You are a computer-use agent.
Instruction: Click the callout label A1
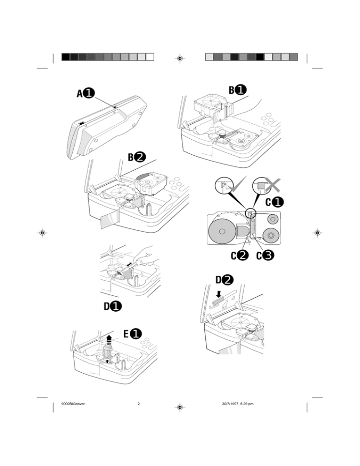click(85, 93)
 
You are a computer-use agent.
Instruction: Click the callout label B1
click(238, 89)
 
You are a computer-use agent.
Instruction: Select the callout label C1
click(276, 203)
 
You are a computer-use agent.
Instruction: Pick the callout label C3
click(265, 256)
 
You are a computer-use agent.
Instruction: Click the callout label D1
click(113, 307)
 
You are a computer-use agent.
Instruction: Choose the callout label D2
click(225, 280)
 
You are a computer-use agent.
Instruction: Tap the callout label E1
click(133, 333)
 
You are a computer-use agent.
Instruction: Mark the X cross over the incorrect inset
click(271, 184)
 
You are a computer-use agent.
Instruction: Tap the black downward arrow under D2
click(218, 294)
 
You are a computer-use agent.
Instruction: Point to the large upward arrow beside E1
click(110, 339)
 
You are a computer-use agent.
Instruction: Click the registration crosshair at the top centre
click(180, 58)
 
